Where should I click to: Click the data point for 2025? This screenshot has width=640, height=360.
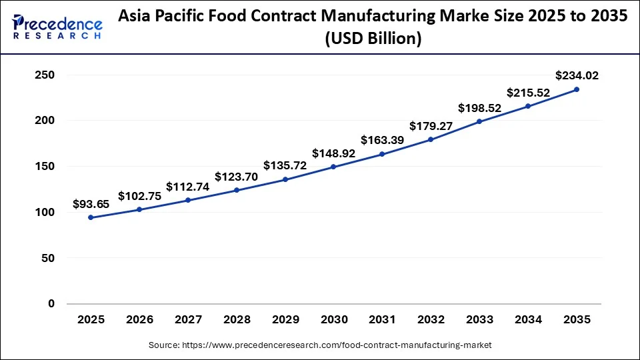(91, 217)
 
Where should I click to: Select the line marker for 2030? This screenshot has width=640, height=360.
(333, 167)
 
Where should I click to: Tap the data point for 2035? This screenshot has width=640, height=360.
(577, 89)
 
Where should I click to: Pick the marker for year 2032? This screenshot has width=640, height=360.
(431, 139)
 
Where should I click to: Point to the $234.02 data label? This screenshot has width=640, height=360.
(577, 75)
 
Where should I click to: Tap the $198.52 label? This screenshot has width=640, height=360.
(479, 107)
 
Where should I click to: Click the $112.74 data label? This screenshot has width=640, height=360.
(187, 187)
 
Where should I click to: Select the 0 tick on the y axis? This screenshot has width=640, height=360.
(51, 304)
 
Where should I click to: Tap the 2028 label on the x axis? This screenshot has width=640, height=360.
(237, 320)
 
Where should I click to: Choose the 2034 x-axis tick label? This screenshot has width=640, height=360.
(528, 320)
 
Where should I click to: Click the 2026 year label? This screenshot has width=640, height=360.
(139, 320)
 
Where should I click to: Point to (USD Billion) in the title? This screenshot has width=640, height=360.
(373, 39)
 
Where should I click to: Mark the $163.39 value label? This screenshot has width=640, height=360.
(382, 140)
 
